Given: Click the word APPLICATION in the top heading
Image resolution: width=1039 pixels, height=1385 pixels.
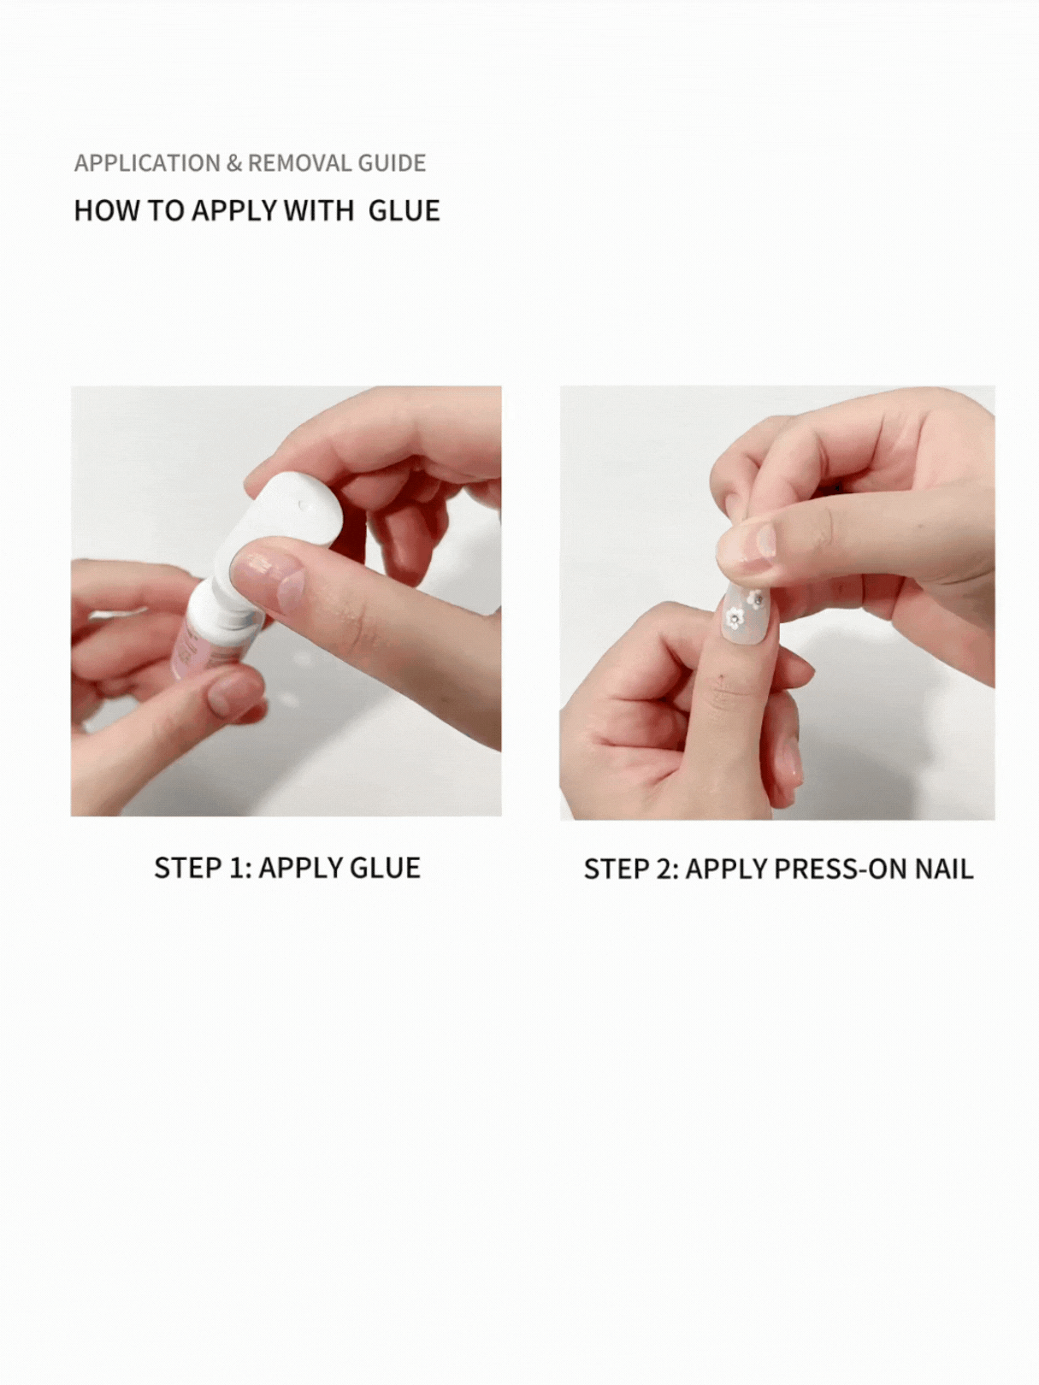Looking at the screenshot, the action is pyautogui.click(x=147, y=162).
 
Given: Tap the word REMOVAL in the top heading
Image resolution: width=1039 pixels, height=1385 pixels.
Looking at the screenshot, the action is pyautogui.click(x=300, y=162).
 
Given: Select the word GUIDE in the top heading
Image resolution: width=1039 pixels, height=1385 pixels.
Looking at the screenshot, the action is pyautogui.click(x=392, y=162).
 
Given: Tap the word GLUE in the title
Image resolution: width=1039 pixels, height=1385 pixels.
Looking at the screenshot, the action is pyautogui.click(x=404, y=210).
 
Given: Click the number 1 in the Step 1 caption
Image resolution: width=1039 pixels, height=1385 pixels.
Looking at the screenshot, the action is pyautogui.click(x=239, y=868).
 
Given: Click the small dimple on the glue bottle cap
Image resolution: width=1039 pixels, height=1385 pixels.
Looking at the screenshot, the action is pyautogui.click(x=302, y=504).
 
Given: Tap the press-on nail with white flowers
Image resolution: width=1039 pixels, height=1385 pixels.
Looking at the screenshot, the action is pyautogui.click(x=752, y=616).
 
